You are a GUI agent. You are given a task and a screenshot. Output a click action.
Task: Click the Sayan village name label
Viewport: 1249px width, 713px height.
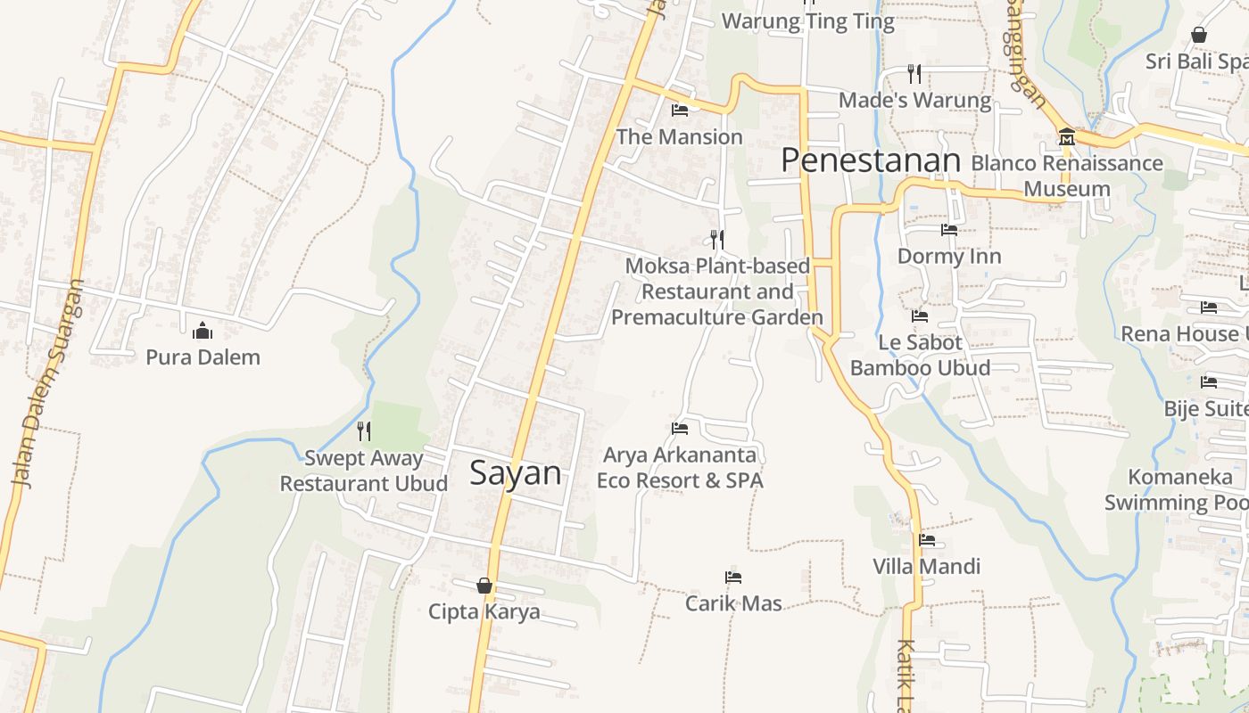516,472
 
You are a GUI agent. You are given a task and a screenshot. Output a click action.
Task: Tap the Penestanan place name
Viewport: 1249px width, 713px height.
870,160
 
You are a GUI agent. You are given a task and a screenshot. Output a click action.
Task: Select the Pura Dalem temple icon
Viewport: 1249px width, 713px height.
203,332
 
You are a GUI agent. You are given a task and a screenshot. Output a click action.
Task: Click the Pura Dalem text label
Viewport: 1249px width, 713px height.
203,357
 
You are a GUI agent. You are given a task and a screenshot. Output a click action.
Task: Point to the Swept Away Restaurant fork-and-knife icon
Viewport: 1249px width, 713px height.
364,431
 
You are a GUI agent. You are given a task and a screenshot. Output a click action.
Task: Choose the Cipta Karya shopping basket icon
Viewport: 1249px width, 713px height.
484,586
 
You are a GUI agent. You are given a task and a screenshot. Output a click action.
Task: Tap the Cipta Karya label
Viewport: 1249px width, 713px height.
484,612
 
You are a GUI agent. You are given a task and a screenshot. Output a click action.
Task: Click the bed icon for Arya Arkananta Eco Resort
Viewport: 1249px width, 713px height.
680,429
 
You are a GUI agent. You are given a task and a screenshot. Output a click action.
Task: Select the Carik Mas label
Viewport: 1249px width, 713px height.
733,603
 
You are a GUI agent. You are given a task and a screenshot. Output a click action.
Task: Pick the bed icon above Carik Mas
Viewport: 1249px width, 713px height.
733,578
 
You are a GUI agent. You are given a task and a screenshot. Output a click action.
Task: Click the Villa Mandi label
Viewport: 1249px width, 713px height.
926,566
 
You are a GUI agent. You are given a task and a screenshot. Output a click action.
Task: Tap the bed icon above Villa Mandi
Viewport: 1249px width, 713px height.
927,539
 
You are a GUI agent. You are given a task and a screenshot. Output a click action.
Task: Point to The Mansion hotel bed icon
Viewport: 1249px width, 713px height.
680,111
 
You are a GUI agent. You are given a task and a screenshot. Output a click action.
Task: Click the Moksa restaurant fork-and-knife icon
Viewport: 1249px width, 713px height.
716,239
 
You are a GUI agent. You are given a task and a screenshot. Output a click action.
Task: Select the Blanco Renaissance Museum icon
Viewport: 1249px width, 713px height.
1067,137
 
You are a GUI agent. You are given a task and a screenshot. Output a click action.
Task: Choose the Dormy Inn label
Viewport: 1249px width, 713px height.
949,257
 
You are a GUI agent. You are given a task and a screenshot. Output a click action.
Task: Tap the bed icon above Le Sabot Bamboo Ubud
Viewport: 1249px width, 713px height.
920,316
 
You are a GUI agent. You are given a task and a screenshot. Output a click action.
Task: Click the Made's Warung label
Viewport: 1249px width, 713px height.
914,100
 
